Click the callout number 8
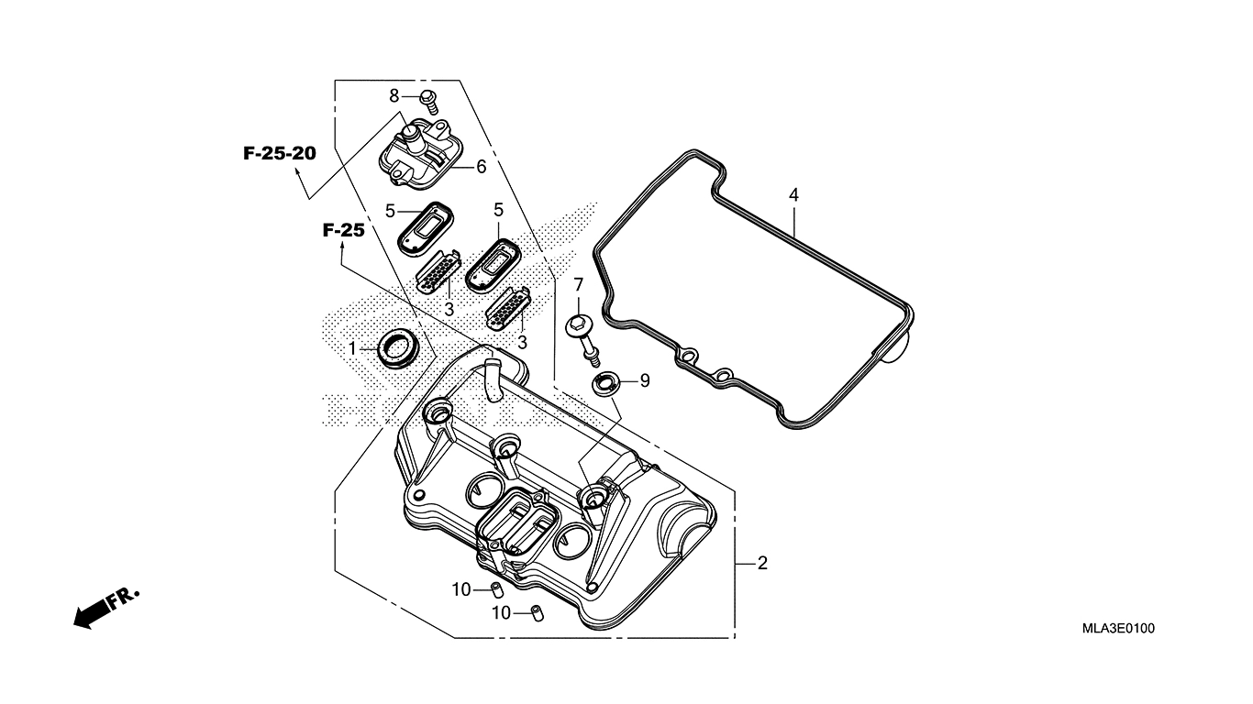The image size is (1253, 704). tap(394, 95)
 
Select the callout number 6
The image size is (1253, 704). tap(481, 167)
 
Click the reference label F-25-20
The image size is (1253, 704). tap(279, 153)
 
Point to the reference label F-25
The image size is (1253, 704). tap(343, 230)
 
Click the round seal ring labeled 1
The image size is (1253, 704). tap(396, 347)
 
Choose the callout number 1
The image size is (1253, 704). tap(351, 348)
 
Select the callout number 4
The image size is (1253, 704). tap(793, 195)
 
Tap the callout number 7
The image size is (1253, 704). tap(579, 285)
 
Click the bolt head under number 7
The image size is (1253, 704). tap(580, 324)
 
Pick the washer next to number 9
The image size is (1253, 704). tap(604, 383)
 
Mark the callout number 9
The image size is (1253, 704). tap(645, 379)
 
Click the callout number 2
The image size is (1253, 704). tap(762, 563)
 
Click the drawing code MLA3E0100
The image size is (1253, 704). tap(1118, 628)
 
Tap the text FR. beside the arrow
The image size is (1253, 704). tap(123, 599)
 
